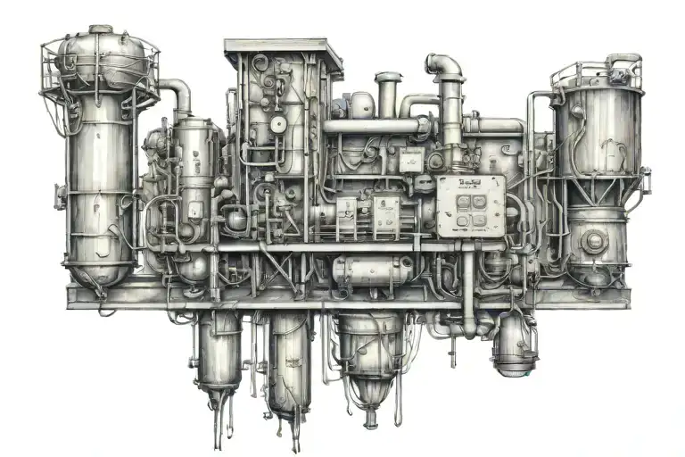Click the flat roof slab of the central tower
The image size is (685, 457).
tap(283, 47)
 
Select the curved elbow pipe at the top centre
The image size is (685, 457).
tap(444, 67)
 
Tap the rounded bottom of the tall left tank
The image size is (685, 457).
tap(99, 271)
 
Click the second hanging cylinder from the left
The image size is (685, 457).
tap(290, 361)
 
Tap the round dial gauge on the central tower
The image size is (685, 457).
tap(278, 123)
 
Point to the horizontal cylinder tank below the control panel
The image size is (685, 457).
tap(372, 270)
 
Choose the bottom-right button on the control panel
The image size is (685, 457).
tap(480, 220)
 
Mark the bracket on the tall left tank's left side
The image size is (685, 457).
tap(59, 195)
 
